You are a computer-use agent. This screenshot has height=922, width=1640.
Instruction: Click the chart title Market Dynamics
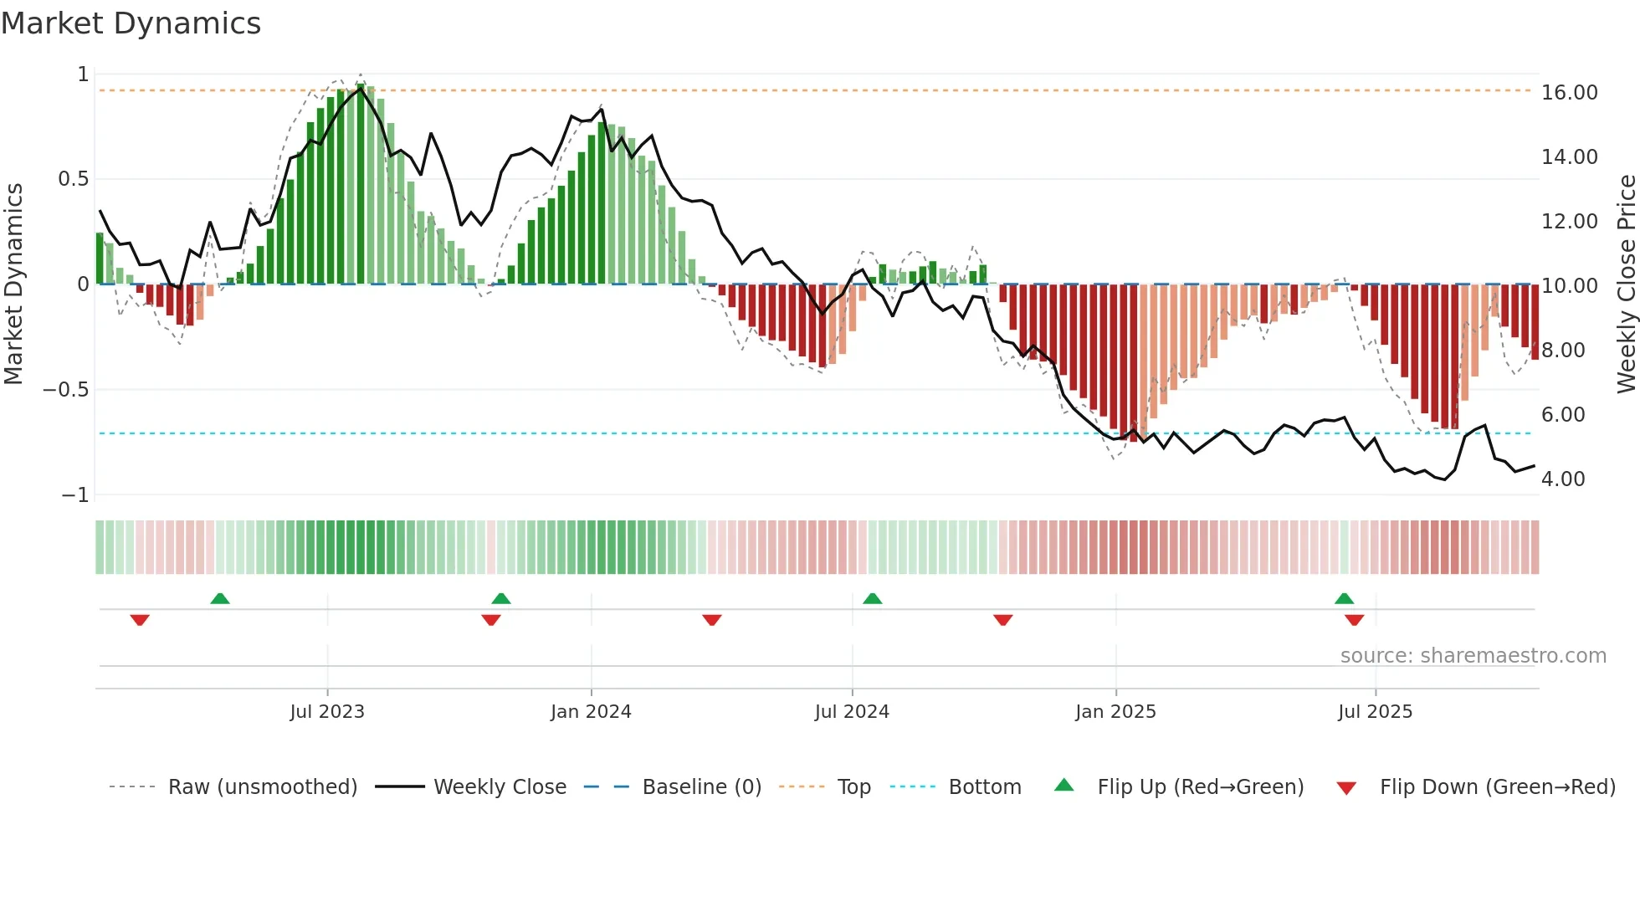tap(131, 23)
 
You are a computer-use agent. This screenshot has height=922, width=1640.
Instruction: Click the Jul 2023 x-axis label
tap(327, 712)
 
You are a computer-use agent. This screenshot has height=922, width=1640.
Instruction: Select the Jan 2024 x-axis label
tap(591, 712)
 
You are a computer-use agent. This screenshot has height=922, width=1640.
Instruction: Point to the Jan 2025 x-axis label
tap(1115, 712)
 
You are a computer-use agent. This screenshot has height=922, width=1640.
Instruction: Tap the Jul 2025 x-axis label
tap(1375, 712)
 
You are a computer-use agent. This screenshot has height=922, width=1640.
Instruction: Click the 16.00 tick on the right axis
tap(1569, 93)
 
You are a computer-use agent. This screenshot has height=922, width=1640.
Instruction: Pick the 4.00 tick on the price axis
tap(1563, 479)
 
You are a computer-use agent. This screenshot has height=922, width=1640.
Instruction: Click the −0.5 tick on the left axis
tap(66, 390)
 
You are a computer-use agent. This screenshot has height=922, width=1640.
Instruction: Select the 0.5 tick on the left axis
tap(73, 179)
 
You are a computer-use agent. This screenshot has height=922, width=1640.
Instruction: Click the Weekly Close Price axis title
tap(1626, 284)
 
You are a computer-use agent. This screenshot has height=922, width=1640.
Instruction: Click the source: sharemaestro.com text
tap(1473, 656)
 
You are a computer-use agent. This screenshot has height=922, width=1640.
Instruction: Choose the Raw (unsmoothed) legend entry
tap(262, 787)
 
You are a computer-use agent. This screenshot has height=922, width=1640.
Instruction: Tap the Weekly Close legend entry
tap(500, 787)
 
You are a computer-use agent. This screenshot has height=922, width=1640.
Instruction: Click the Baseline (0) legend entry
tap(701, 787)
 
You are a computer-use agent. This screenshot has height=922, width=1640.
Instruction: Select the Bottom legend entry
tap(984, 787)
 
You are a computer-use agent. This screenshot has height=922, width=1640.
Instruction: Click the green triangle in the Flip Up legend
tap(1063, 785)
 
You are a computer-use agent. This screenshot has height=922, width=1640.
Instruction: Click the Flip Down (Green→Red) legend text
tap(1497, 787)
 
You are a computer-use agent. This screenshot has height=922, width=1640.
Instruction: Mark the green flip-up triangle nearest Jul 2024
tap(872, 598)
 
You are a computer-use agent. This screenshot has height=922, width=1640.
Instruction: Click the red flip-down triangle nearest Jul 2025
tap(1354, 620)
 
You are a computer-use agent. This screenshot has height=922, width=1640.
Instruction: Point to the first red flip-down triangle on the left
tap(140, 620)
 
